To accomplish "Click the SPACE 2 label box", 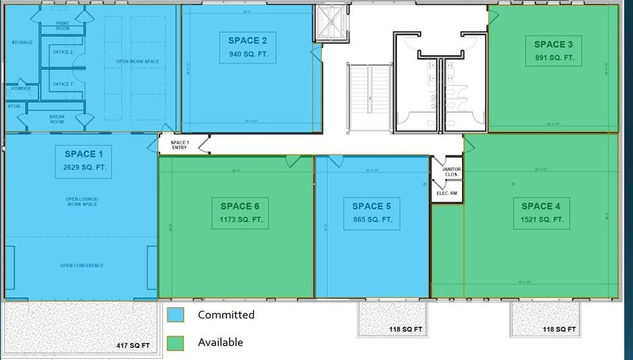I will coord(248,47).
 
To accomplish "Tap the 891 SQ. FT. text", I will coord(554,57).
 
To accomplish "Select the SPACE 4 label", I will coord(541,206).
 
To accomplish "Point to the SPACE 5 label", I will coord(371,206).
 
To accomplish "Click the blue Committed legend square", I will coord(175,315).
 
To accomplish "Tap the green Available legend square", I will coord(175,343).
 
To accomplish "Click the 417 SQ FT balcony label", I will coord(134,346).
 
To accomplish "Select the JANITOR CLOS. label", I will coord(451,172).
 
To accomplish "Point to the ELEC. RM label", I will coord(447,193).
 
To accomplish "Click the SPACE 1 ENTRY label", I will coord(179,145).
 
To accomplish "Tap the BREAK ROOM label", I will coord(57,118).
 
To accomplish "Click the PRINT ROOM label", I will coord(63,26).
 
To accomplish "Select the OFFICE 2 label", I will coord(63,52).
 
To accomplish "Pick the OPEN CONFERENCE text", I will coord(82,265).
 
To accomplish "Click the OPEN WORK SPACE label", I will coord(137,62).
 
